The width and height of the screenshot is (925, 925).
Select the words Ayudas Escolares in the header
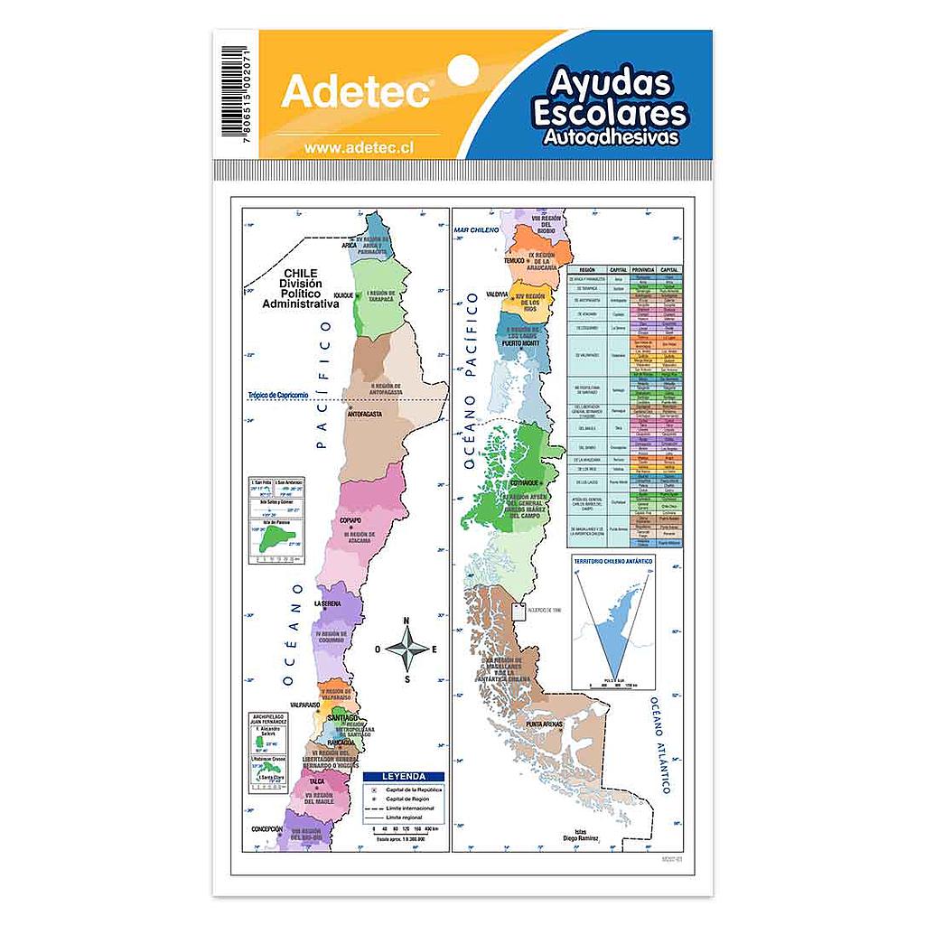click(612, 98)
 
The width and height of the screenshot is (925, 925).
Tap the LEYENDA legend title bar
click(403, 776)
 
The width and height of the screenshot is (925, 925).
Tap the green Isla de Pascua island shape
click(268, 544)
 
